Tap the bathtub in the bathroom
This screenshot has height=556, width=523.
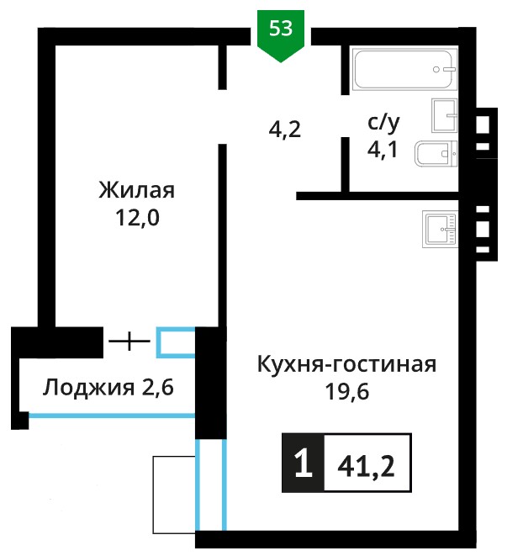tap(404, 69)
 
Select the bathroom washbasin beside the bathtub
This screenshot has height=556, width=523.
tap(444, 115)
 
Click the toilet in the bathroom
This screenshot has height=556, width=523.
tap(436, 154)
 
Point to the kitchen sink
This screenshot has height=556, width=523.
tap(440, 229)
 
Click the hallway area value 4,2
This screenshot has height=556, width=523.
tap(285, 130)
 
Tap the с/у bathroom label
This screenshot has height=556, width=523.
tap(383, 123)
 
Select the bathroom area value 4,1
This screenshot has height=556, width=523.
tap(383, 150)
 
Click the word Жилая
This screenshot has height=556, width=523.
tap(136, 190)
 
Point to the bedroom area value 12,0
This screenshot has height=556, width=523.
tap(137, 217)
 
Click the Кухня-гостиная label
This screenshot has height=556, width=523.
tap(346, 364)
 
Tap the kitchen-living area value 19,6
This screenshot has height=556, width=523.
tap(347, 391)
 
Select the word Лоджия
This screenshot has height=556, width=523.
tap(88, 388)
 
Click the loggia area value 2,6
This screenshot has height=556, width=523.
tap(158, 387)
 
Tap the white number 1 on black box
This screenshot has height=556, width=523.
tap(304, 463)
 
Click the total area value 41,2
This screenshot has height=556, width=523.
tap(366, 467)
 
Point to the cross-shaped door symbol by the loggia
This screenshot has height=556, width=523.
tap(129, 342)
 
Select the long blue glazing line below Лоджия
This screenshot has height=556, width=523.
tap(112, 416)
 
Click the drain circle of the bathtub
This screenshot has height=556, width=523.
tap(436, 70)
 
